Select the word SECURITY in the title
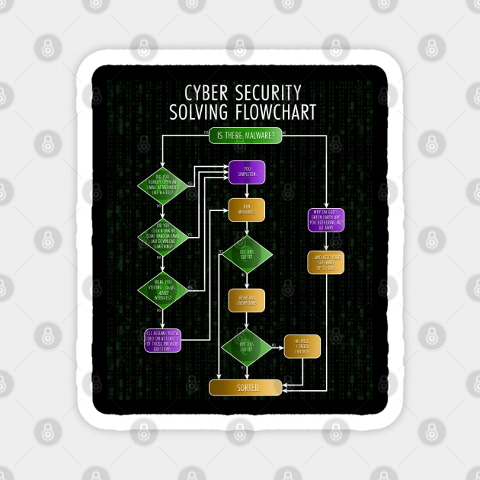(271, 94)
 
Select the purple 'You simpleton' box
(247, 171)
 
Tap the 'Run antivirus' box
(247, 210)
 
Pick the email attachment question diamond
(162, 186)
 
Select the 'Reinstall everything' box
(247, 301)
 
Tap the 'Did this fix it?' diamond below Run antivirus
(247, 254)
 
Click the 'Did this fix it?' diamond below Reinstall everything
(247, 347)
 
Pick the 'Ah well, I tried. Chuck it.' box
(302, 347)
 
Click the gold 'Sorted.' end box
(245, 387)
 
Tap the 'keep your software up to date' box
(327, 263)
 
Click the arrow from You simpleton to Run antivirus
(247, 190)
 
